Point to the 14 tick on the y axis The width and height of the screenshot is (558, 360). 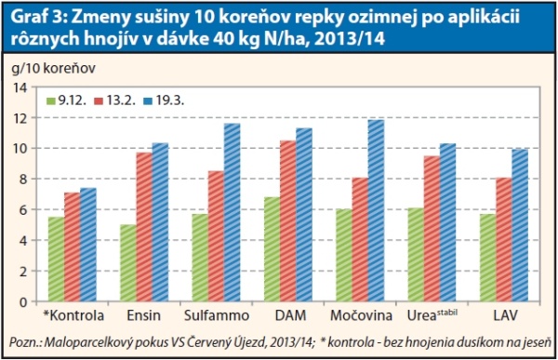coord(25,87)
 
